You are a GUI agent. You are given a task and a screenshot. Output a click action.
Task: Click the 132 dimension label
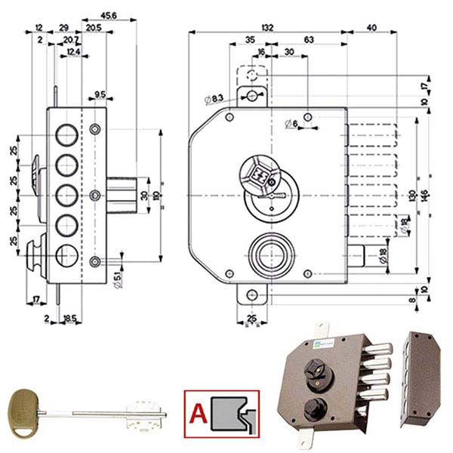point(267,26)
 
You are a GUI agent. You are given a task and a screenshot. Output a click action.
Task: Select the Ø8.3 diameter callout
point(214,99)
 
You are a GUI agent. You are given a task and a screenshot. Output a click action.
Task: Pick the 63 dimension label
point(308,39)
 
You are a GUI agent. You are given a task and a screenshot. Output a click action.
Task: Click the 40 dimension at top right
point(371,26)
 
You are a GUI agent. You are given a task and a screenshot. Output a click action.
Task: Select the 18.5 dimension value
point(69,319)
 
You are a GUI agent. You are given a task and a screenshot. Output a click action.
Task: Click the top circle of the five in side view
point(68,135)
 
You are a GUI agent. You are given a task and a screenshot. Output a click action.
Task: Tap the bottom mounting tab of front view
point(251,294)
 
